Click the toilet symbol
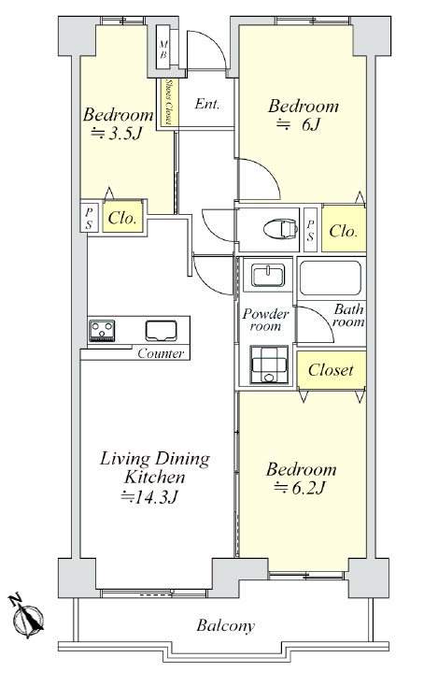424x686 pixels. click(x=280, y=228)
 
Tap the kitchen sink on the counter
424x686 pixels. click(x=162, y=330)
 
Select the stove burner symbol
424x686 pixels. click(x=102, y=330)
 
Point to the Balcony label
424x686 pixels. click(x=226, y=625)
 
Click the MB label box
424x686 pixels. click(x=163, y=49)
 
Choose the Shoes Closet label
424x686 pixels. click(x=167, y=102)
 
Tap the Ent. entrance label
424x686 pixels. click(x=206, y=104)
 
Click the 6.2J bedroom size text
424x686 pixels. click(x=300, y=487)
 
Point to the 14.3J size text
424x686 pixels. click(x=149, y=496)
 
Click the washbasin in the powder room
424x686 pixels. click(x=268, y=275)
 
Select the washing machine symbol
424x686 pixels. click(x=269, y=364)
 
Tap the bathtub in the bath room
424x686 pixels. click(x=331, y=278)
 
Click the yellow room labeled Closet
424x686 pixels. click(x=332, y=370)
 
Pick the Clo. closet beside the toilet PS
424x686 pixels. click(x=344, y=229)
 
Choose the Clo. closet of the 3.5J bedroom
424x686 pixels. click(x=123, y=217)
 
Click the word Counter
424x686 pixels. click(x=161, y=353)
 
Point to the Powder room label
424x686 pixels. click(x=266, y=320)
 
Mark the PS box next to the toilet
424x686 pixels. click(x=310, y=230)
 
